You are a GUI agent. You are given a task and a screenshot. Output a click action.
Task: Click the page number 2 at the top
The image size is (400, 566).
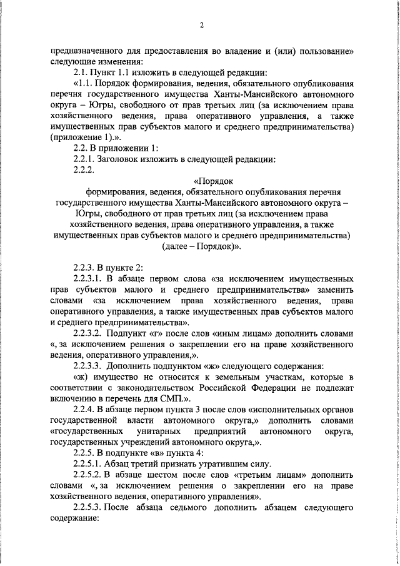[202, 26]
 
